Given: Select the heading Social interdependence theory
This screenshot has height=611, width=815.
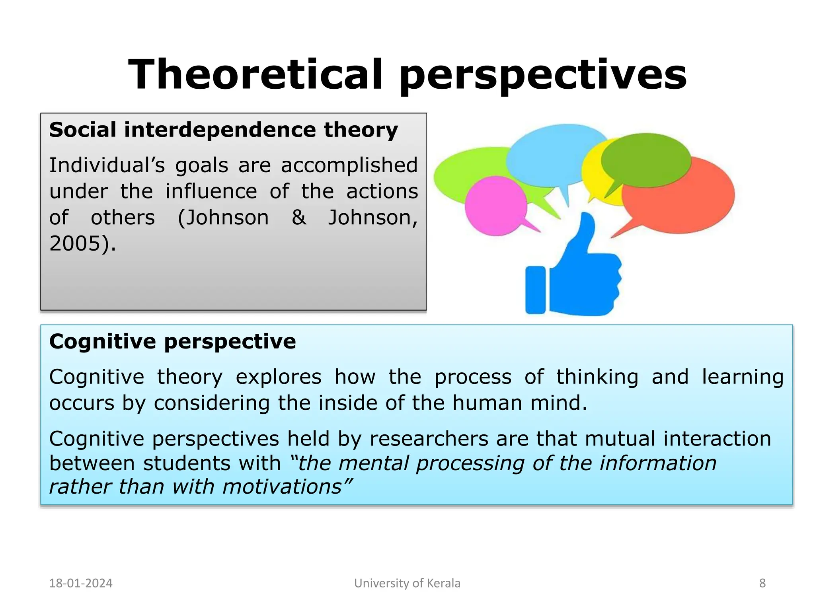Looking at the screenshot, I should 223,130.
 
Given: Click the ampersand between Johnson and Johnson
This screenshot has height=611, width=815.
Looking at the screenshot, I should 299,218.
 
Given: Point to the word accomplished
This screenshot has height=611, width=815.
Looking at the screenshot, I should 349,165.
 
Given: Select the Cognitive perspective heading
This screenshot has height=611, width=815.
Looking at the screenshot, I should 172,342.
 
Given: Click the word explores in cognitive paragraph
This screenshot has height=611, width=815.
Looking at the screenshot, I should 278,377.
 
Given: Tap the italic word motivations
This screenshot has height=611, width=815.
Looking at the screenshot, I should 282,487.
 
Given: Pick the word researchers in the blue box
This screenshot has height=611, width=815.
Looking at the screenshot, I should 429,439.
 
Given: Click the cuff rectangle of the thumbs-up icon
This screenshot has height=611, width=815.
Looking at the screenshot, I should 535,290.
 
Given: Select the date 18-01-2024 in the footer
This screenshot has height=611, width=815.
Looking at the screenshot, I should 81,583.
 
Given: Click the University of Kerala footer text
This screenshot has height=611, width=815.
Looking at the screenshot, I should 407,583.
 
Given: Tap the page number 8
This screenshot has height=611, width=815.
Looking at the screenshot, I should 762,583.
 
